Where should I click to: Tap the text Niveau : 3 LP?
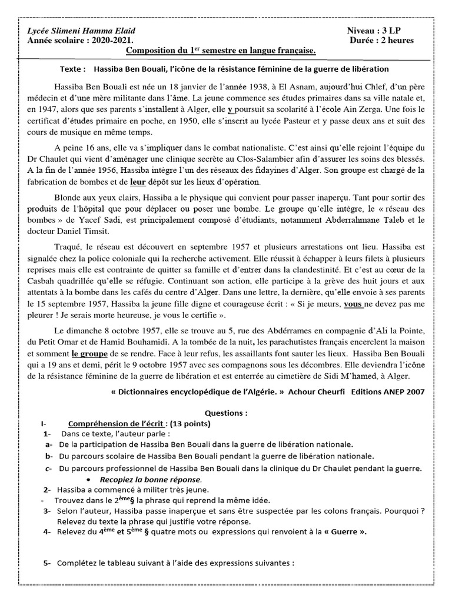(x=375, y=31)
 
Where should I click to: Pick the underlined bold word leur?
(x=137, y=183)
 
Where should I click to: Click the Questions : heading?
(x=226, y=413)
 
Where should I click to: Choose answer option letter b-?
(x=48, y=456)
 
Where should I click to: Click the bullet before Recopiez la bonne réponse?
(x=88, y=479)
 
